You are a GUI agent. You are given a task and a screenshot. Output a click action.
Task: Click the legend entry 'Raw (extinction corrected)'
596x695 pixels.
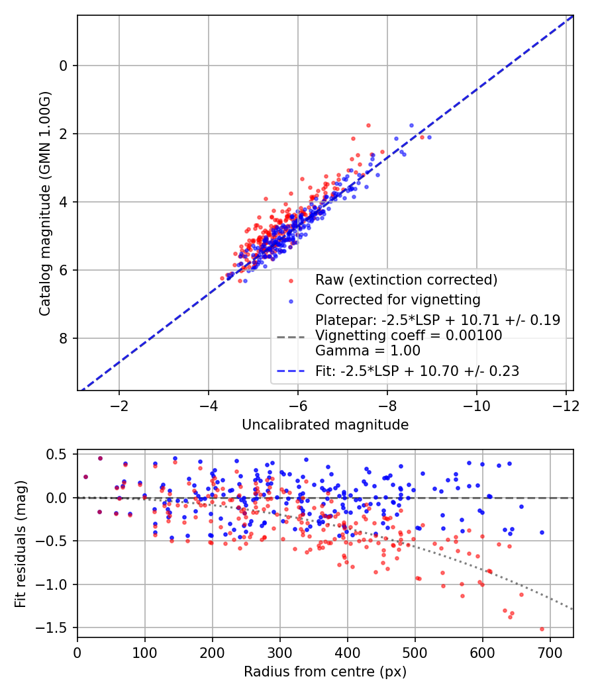coord(406,279)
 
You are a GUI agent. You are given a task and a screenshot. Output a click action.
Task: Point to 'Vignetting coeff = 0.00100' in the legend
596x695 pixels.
coord(409,336)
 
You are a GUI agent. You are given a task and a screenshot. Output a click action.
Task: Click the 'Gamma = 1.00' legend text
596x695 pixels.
coord(368,351)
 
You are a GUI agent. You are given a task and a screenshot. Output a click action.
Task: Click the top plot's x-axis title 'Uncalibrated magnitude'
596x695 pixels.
coord(325,424)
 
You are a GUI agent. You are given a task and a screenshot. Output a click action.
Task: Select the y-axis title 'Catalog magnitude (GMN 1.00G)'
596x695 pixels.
coord(44,203)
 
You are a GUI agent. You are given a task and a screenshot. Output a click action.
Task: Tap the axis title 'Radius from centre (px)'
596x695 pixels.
coord(325,672)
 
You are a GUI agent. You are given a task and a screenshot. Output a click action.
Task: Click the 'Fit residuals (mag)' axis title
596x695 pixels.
coord(21,543)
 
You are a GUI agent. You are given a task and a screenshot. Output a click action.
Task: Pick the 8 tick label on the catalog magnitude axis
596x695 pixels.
coord(64,338)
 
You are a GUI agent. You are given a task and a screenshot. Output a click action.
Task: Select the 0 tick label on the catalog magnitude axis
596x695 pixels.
coord(64,66)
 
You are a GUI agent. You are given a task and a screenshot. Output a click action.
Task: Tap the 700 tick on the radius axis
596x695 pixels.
coord(550,652)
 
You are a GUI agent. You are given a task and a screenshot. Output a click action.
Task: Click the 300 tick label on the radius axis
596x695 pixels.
coord(279,652)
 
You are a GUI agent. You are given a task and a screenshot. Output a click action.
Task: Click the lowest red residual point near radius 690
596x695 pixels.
coord(542,629)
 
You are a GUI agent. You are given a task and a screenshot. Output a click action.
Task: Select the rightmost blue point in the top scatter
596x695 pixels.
coord(429,137)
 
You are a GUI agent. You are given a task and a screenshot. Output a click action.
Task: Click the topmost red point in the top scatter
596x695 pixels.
coord(368,125)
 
